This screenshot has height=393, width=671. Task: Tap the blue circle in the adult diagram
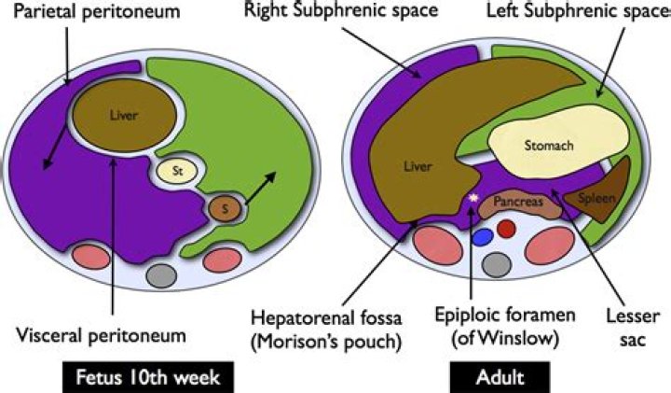(482, 237)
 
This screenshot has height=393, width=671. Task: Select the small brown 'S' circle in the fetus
(223, 206)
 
